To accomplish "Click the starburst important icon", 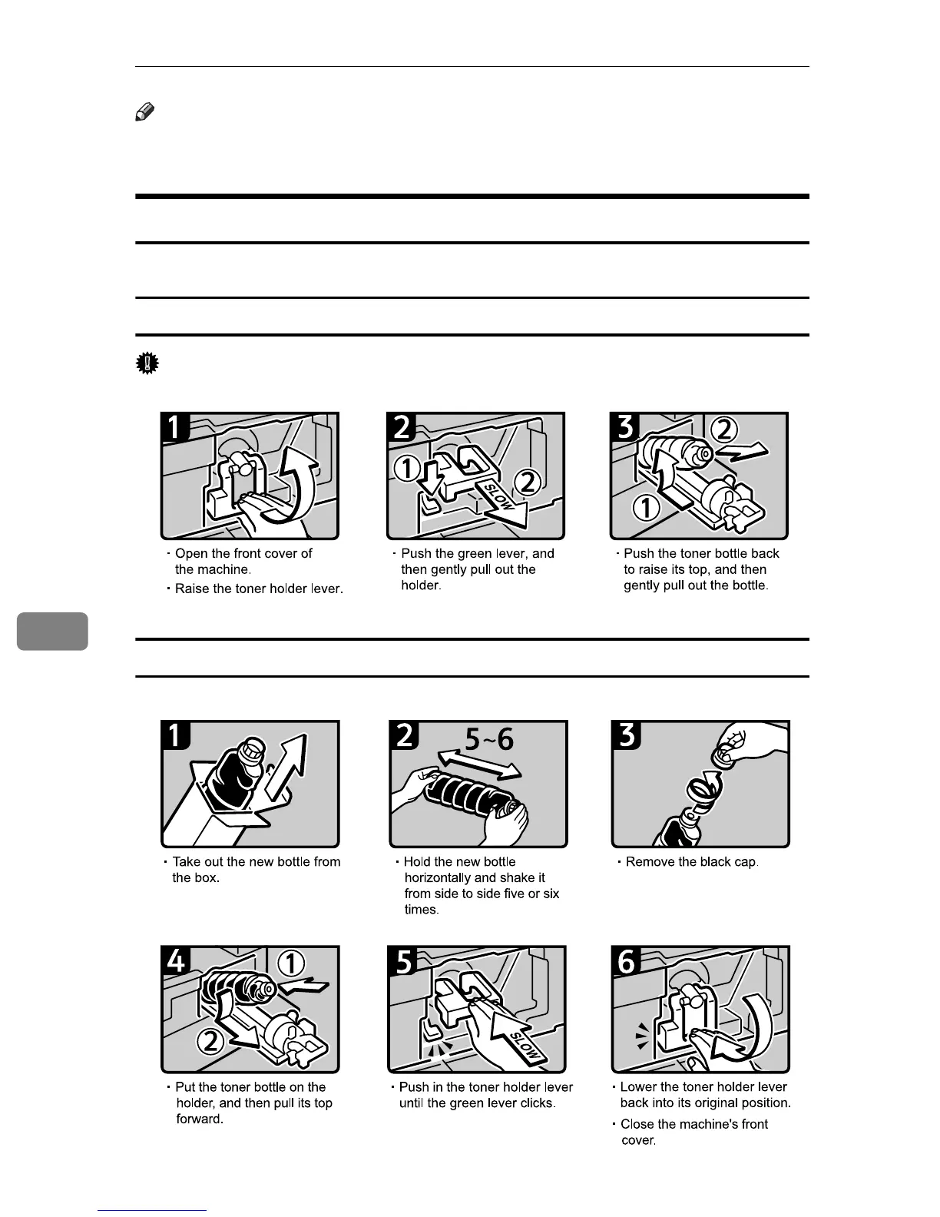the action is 146,363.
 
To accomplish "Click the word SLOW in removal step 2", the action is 492,497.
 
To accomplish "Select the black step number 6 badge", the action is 627,961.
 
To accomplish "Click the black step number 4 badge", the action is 177,961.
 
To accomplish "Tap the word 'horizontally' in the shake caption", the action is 439,878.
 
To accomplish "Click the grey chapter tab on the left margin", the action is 52,631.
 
